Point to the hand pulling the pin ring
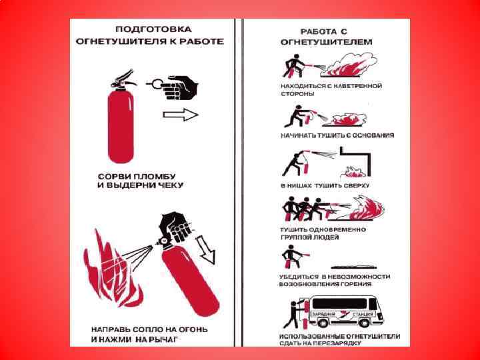pyautogui.click(x=183, y=85)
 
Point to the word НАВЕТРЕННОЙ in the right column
pyautogui.click(x=357, y=86)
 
